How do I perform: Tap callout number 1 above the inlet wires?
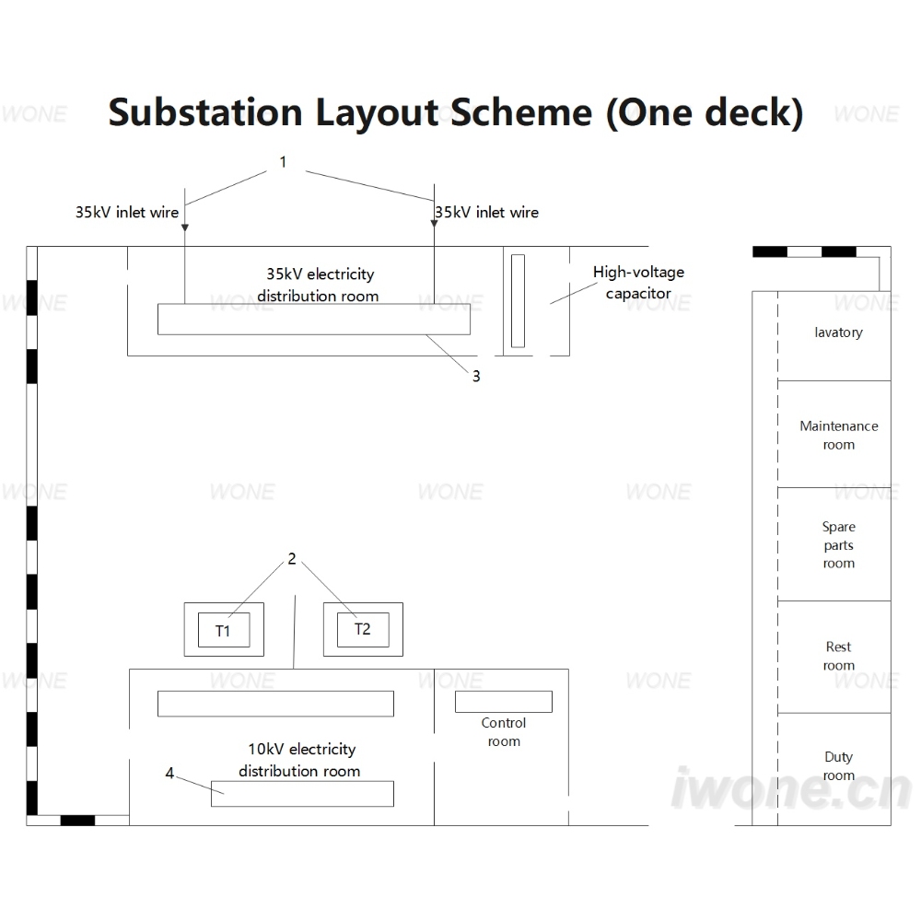click(283, 162)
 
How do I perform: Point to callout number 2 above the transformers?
click(292, 559)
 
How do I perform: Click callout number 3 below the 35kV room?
click(476, 377)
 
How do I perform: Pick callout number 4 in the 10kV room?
click(169, 773)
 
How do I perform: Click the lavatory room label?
click(839, 332)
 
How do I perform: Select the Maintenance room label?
click(839, 436)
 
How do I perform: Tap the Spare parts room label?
click(839, 545)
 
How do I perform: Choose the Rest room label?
click(839, 656)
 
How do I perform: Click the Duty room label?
click(839, 766)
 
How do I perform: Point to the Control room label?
click(504, 732)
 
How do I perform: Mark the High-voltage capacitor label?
click(638, 283)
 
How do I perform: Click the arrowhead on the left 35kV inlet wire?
click(185, 227)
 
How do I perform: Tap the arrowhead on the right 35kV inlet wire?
click(434, 224)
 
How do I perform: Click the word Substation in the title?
click(205, 112)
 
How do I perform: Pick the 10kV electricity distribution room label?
click(300, 760)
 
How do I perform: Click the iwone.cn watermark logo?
click(791, 788)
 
